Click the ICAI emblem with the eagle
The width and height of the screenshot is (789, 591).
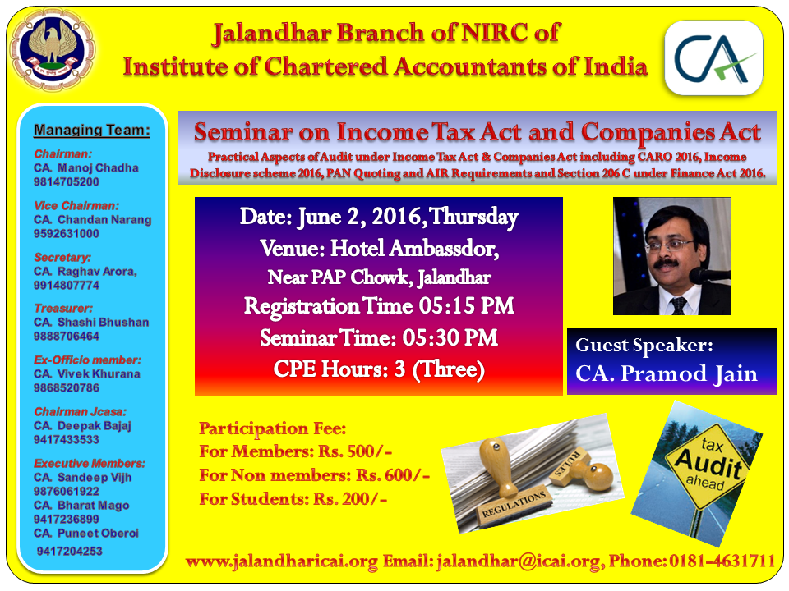[x=53, y=50]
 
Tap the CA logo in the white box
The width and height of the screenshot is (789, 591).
[x=714, y=57]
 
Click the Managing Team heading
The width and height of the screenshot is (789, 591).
[x=91, y=131]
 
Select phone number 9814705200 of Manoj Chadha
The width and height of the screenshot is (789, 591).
[x=67, y=182]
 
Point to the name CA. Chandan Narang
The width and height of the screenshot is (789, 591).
[x=93, y=220]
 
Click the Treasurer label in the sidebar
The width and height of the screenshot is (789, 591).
[x=63, y=308]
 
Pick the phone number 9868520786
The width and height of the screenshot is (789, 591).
[x=67, y=388]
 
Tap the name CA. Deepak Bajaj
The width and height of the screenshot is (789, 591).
[x=82, y=426]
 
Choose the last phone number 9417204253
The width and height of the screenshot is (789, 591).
[x=69, y=552]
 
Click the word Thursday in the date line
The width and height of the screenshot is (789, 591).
[x=473, y=217]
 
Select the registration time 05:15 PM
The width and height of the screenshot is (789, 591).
[x=467, y=306]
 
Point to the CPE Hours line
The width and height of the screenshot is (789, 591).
[x=379, y=369]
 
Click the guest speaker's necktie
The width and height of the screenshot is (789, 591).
[x=679, y=305]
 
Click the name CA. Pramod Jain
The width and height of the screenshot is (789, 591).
[x=667, y=374]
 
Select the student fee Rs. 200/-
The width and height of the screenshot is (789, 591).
[x=350, y=499]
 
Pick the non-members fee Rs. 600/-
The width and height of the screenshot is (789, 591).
[x=393, y=475]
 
